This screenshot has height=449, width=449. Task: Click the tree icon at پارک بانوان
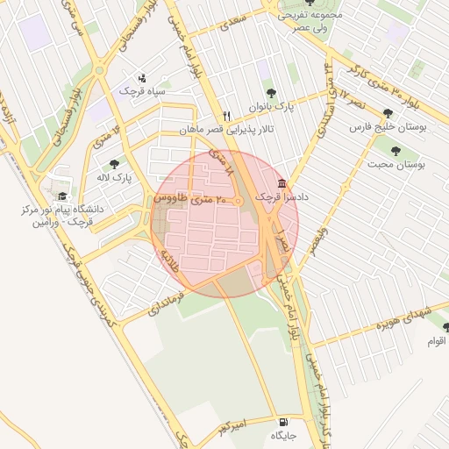tap(271, 92)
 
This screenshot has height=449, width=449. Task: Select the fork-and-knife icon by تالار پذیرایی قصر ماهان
tap(226, 116)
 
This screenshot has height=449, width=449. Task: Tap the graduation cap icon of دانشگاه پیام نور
tap(62, 196)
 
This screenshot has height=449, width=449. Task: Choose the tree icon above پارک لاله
tap(114, 164)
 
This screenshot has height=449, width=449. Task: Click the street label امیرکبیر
tap(237, 426)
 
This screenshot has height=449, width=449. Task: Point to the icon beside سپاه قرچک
tap(144, 78)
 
